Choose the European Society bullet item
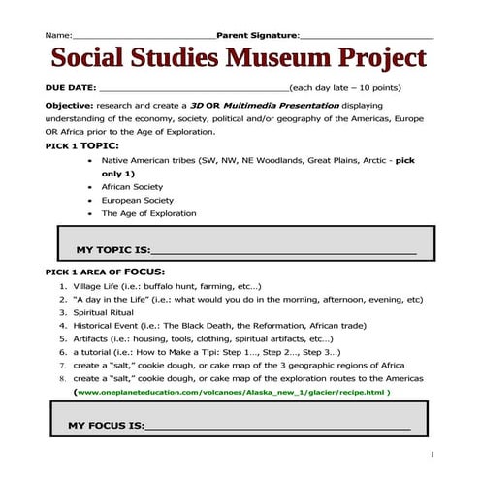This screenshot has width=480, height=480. (x=138, y=199)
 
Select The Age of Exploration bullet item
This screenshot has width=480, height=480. (x=148, y=213)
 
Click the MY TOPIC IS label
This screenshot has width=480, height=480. (x=107, y=249)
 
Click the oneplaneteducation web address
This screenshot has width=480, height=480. (x=232, y=392)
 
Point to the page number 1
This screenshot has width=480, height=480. (x=432, y=453)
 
